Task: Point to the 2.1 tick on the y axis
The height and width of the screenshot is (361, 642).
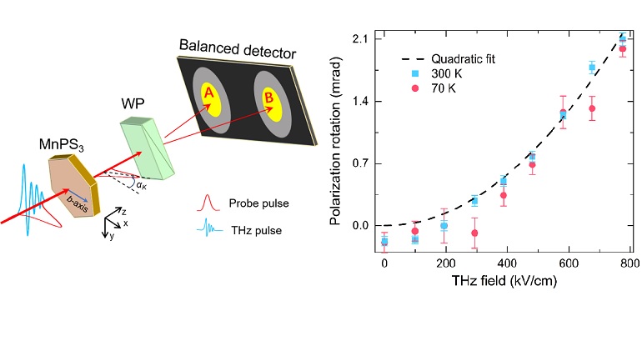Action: point(361,39)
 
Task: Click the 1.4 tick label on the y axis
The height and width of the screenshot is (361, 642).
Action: point(361,102)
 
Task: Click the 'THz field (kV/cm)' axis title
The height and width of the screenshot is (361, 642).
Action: point(506,280)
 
